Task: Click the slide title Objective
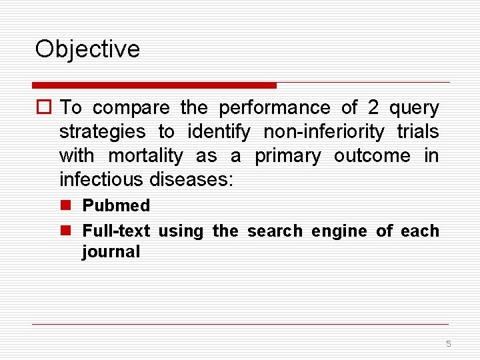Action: (x=87, y=49)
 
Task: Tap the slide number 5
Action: (x=448, y=344)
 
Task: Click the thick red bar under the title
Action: (x=154, y=85)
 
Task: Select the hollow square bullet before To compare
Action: (x=45, y=108)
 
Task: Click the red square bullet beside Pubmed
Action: (x=67, y=206)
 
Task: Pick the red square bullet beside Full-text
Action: (x=67, y=231)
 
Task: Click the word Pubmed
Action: (x=116, y=206)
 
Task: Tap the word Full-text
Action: (x=116, y=231)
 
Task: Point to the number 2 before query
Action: (x=373, y=108)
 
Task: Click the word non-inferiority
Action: (x=324, y=132)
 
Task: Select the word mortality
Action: (x=145, y=156)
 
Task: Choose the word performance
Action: (x=275, y=108)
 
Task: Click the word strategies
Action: (x=102, y=132)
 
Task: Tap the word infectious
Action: (x=102, y=180)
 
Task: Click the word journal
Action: (x=111, y=252)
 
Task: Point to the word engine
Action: (x=340, y=231)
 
